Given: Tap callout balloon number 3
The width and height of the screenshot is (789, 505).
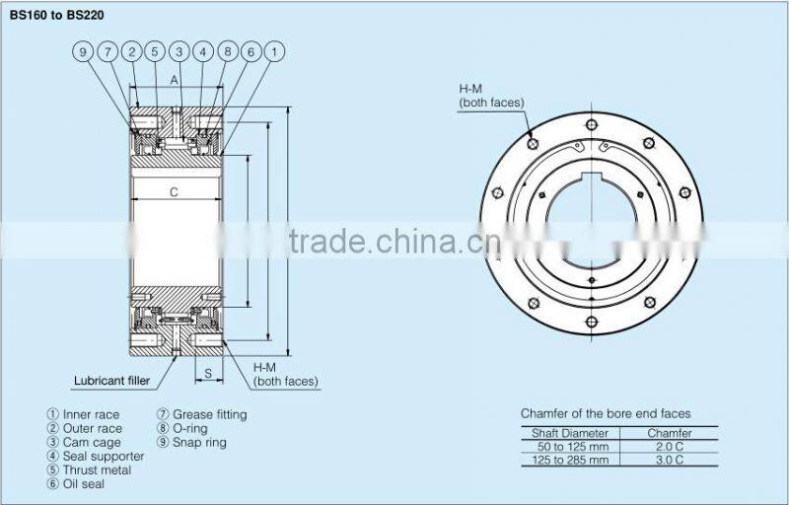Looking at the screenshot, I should point(179,52).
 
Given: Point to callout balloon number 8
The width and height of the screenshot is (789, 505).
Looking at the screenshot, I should point(226,52).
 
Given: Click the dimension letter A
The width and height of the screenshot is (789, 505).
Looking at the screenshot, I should point(174,82).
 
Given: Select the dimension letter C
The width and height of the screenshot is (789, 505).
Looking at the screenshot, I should point(174,192).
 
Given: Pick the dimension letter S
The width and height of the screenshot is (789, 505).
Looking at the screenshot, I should point(209,374).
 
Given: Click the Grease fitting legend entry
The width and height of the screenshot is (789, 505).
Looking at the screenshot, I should point(202,415).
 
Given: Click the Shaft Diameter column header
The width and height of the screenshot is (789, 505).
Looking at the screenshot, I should point(570,433).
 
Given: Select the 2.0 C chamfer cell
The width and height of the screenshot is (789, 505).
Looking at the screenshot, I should point(670,447).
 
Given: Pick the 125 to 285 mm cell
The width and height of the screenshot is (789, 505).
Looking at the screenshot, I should point(570,461).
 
